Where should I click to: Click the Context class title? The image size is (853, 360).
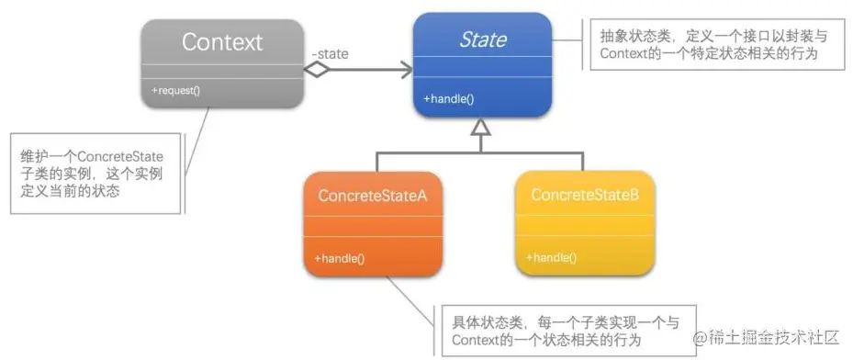[x=221, y=42]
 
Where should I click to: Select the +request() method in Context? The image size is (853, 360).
[x=177, y=90]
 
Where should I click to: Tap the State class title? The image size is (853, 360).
[x=482, y=39]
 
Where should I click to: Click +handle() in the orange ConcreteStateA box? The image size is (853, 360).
[x=340, y=258]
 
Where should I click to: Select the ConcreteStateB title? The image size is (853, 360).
[x=584, y=196]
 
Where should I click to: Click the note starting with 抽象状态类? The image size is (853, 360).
[x=708, y=44]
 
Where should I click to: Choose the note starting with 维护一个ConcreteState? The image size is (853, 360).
[x=91, y=174]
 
